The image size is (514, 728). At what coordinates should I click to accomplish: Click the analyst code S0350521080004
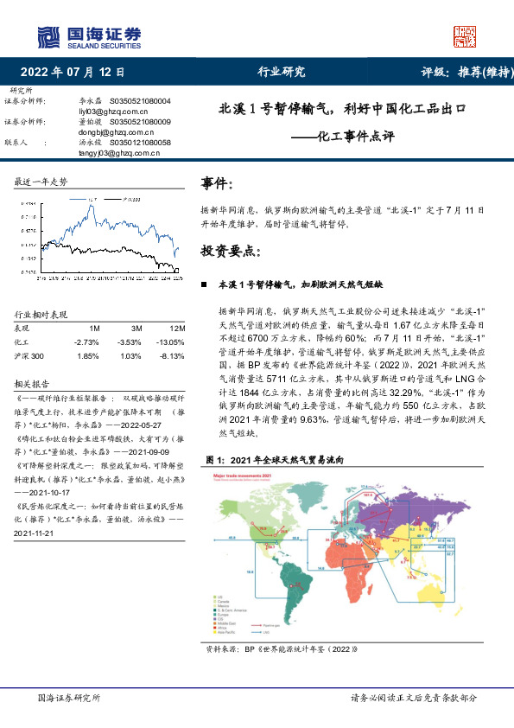140,101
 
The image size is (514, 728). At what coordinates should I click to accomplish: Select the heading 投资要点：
230,252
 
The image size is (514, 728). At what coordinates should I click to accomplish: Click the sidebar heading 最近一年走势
41,181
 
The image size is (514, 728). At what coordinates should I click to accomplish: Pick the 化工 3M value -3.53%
130,342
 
